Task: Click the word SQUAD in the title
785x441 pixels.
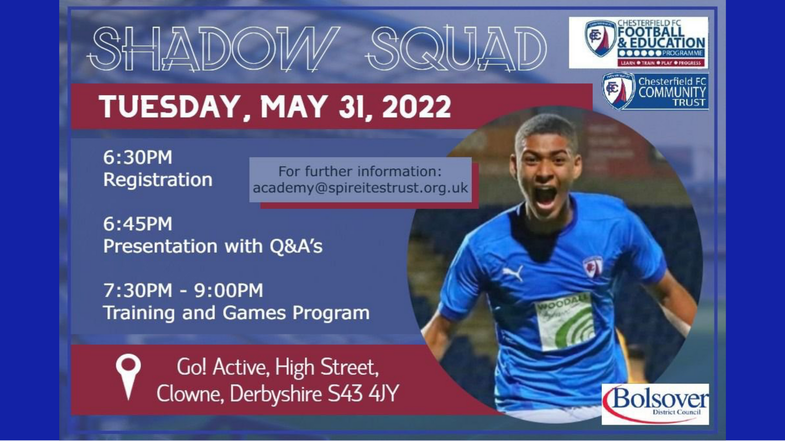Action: (456, 48)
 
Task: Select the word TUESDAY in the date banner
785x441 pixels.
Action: (169, 107)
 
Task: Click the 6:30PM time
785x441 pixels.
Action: (138, 157)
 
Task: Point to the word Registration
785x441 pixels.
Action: (158, 180)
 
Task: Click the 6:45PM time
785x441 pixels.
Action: (138, 224)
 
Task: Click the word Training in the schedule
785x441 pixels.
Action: (139, 313)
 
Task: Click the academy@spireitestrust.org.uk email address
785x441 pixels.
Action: (360, 188)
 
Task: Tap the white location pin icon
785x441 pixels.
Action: (128, 374)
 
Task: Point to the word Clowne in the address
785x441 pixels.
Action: (190, 394)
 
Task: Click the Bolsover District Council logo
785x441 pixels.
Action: (655, 404)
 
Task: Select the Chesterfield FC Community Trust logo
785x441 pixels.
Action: (655, 91)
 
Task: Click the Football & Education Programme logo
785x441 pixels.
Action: (639, 43)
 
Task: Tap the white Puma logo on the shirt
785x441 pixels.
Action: (513, 273)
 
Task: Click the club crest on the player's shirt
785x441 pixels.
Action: (593, 266)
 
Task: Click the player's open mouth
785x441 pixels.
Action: (546, 197)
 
